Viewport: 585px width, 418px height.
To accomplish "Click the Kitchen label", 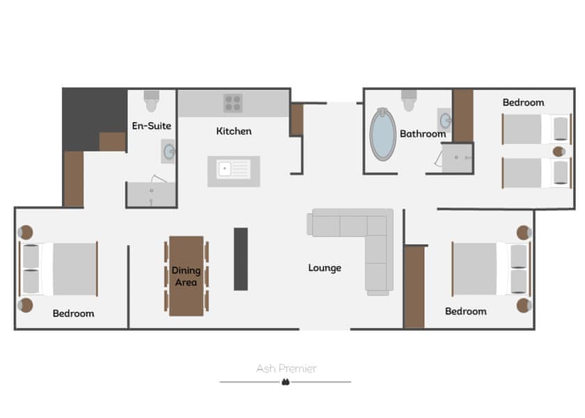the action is (x=234, y=131).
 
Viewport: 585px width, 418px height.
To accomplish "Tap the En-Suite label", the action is (x=152, y=126).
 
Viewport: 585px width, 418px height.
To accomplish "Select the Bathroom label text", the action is (x=423, y=134).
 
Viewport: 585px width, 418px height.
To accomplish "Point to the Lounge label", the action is (x=325, y=268).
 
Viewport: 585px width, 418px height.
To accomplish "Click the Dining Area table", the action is (x=186, y=276).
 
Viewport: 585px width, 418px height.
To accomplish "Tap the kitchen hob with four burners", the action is (x=233, y=103).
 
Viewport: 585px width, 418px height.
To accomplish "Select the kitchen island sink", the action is (x=233, y=169).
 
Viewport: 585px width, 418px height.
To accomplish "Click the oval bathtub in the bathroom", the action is (x=383, y=134).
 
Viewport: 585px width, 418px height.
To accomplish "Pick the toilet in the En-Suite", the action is (x=152, y=101).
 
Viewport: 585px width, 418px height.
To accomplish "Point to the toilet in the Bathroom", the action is (x=409, y=100).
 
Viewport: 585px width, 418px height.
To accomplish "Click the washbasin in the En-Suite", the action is (x=169, y=152).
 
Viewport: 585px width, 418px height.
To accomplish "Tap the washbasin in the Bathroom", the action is (x=445, y=121).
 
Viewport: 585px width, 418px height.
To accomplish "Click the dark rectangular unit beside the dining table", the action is (x=241, y=259).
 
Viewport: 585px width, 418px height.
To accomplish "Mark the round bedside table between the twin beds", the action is (x=559, y=152).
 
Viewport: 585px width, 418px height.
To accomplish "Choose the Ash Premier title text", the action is (x=286, y=369).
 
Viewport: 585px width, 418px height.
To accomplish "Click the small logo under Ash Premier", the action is (x=286, y=382).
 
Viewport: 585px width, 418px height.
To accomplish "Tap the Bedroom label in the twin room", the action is (x=523, y=102).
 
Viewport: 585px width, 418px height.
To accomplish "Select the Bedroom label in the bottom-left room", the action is (x=73, y=313).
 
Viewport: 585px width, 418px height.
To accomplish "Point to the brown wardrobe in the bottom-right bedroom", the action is (x=415, y=286).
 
